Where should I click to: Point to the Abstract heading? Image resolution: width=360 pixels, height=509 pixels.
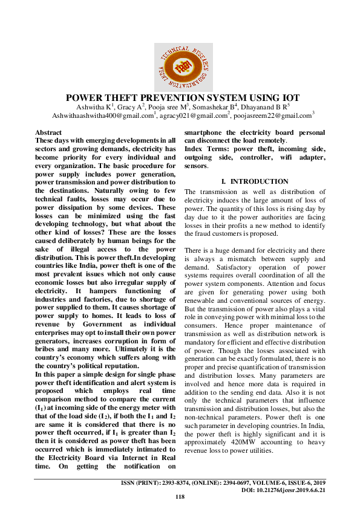pos(48,132)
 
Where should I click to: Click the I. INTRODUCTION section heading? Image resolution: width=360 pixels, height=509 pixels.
pos(254,181)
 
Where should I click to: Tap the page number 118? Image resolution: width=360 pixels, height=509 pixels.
pos(180,497)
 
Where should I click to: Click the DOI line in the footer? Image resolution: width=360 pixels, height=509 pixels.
pos(287,490)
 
